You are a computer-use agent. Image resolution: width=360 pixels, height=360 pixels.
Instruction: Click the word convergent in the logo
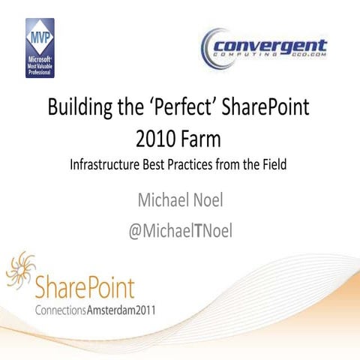273,44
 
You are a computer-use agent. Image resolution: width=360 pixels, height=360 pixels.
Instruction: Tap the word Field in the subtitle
274,165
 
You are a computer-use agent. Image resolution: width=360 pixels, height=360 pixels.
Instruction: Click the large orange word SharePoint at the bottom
85,286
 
